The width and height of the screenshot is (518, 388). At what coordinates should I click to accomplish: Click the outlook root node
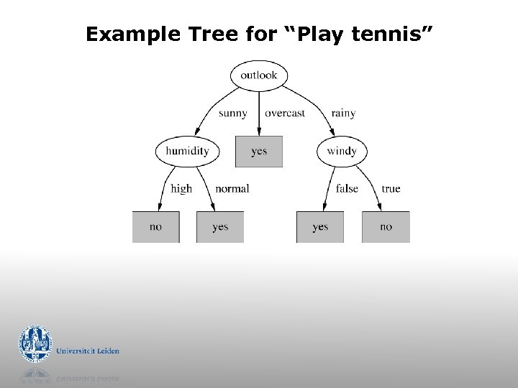(259, 75)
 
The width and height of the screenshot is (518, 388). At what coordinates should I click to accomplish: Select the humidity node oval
(186, 151)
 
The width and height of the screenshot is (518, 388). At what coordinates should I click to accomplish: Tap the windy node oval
(341, 151)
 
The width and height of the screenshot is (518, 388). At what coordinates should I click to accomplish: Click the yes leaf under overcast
(259, 152)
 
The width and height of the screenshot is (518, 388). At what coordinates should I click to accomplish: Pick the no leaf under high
(155, 227)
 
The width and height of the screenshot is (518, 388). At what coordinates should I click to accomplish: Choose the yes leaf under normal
(220, 227)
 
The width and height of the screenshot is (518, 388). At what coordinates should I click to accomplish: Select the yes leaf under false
(320, 227)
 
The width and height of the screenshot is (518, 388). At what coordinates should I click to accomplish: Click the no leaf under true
(386, 227)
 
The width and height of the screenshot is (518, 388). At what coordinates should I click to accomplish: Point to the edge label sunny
(232, 113)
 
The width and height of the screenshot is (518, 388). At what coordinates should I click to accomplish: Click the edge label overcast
(285, 113)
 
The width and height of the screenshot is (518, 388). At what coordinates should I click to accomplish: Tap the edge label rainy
(343, 113)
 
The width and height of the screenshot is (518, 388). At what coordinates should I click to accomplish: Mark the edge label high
(181, 188)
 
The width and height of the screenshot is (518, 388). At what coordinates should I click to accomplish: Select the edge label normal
(232, 188)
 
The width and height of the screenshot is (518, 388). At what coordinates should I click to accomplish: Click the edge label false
(347, 188)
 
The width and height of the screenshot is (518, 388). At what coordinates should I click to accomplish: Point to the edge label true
(391, 188)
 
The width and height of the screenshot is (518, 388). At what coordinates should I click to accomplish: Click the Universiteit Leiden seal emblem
(35, 344)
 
